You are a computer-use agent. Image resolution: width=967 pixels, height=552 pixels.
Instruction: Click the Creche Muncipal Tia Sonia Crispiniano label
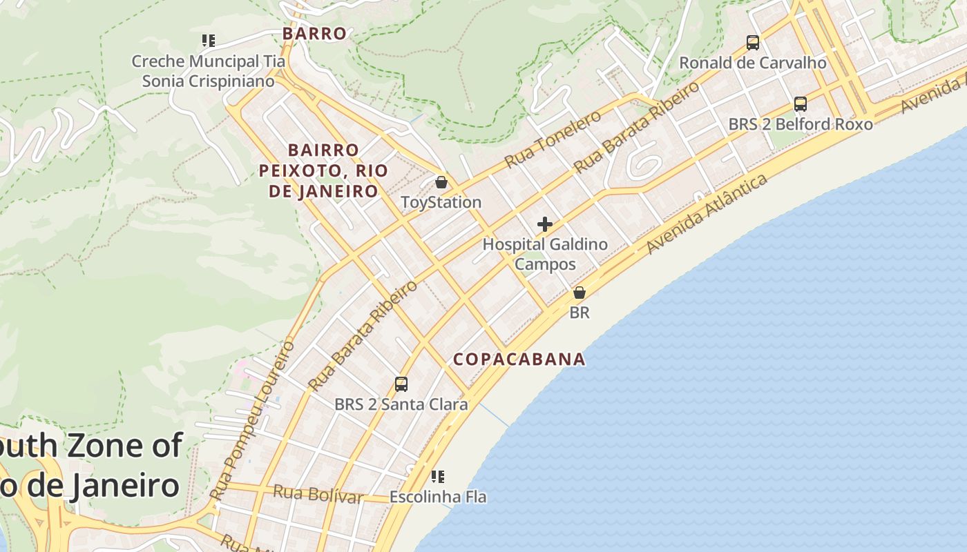(208, 71)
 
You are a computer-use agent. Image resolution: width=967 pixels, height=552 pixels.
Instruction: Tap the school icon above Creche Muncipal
(208, 41)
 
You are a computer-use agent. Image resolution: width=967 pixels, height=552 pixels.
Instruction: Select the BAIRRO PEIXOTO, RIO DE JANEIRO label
(323, 170)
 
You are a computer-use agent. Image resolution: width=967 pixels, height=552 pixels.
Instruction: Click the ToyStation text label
(441, 202)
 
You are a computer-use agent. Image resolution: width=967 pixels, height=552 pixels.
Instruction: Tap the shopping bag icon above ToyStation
(441, 183)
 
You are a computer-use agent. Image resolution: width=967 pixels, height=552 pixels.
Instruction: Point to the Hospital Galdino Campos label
(545, 254)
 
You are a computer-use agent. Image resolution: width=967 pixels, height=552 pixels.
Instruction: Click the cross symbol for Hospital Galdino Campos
(545, 224)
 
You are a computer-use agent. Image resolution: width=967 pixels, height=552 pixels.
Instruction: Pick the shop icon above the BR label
(580, 293)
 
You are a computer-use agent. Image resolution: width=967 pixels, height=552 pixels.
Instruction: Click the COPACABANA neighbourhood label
(519, 359)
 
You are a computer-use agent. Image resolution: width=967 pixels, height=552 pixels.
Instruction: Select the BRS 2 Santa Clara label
(401, 404)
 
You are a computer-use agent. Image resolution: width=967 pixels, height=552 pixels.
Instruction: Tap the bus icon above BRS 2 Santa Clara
(401, 384)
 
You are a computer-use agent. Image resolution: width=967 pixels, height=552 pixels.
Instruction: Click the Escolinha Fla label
(438, 497)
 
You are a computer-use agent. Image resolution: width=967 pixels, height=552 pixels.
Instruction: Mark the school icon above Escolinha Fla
(438, 477)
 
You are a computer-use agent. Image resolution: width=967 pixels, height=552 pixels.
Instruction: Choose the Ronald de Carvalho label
(753, 63)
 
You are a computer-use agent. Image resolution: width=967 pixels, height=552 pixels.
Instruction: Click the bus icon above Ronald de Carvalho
(753, 43)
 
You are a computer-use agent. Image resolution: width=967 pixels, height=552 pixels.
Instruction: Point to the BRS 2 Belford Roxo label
(801, 124)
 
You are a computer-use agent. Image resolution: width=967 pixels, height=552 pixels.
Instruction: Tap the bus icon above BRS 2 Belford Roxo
(801, 104)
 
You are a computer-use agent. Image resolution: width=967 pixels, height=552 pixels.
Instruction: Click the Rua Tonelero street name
(553, 139)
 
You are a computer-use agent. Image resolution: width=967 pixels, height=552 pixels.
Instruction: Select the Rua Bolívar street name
(318, 494)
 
